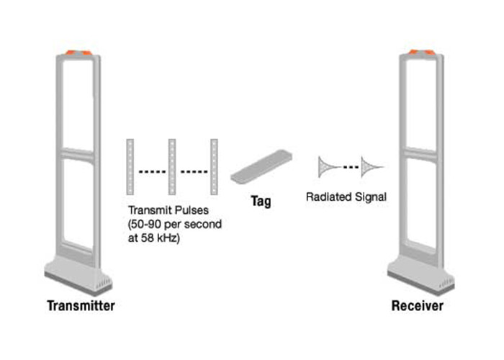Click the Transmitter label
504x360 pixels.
point(81,306)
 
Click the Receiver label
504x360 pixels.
point(418,306)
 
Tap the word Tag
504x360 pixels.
point(260,201)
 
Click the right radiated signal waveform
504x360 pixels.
point(372,167)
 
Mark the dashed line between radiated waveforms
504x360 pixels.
point(351,167)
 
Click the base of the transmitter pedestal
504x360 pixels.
point(78,276)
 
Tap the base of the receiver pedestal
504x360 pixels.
point(420,276)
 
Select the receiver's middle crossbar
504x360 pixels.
point(423,153)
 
